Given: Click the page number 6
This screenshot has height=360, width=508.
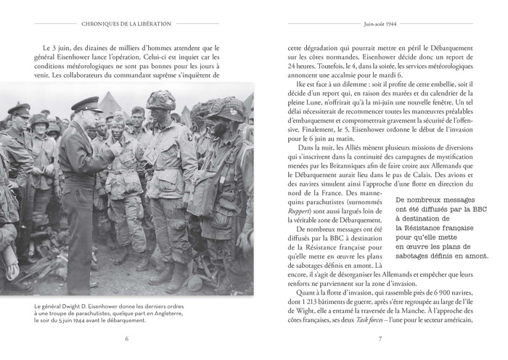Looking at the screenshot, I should [x=127, y=337].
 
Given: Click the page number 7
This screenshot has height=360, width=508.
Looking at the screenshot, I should [x=380, y=337].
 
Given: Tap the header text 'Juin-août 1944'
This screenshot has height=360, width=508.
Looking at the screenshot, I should [x=380, y=23].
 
